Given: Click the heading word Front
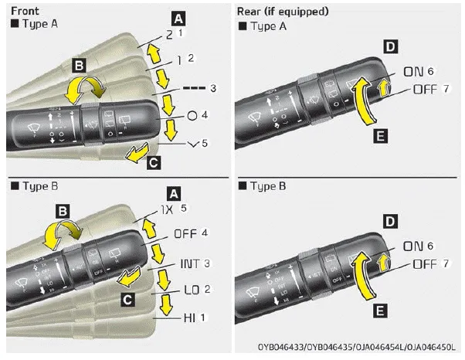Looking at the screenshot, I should [x=20, y=9].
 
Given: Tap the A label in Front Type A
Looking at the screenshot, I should [x=178, y=16].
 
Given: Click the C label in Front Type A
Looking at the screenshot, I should [x=154, y=162].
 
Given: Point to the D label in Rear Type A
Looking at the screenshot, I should [x=389, y=48].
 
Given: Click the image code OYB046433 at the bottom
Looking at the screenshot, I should [x=288, y=349].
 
